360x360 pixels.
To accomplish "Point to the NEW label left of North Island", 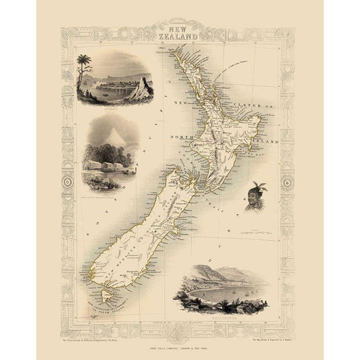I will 180,100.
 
